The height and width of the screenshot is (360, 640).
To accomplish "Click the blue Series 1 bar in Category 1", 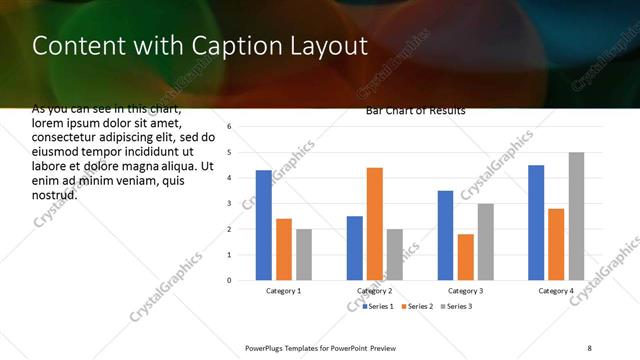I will tap(264, 225).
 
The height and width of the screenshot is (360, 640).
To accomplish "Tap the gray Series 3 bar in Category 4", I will tap(576, 216).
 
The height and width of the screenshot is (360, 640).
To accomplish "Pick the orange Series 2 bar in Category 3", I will tap(466, 257).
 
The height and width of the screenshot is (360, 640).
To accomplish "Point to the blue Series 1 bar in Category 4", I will tap(536, 222).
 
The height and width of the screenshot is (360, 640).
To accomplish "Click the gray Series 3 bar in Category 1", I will tap(304, 254).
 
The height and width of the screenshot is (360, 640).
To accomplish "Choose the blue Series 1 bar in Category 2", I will tap(355, 248).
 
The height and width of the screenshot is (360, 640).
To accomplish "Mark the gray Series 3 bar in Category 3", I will tap(486, 241).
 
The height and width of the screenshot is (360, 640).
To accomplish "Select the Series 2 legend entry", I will tap(419, 305).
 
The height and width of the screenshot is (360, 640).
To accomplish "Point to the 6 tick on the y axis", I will tap(229, 127).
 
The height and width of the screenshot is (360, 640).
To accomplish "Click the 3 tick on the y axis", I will tap(229, 204).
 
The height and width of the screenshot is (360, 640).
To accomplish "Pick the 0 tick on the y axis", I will tap(229, 280).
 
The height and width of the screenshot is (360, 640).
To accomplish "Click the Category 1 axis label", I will tap(284, 291).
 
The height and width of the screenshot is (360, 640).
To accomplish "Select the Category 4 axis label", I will tap(556, 291).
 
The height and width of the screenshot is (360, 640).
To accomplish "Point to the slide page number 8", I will tap(590, 348).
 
